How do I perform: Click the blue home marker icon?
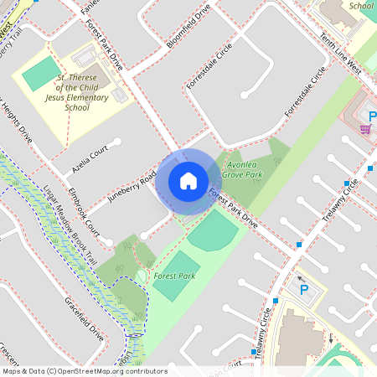tap(188, 181)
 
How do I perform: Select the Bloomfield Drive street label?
tap(188, 29)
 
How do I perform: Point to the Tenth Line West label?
tap(339, 58)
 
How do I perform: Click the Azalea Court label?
tap(90, 158)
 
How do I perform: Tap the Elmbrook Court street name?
tap(85, 216)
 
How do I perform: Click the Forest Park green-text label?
tap(174, 276)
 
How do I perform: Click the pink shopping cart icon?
tap(364, 128)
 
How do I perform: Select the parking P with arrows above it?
tap(303, 290)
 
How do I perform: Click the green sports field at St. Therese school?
tap(38, 74)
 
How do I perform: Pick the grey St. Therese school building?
tap(91, 59)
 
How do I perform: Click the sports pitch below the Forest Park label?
tap(176, 288)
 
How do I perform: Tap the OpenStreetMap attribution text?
tap(84, 371)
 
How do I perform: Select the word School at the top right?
tap(361, 6)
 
